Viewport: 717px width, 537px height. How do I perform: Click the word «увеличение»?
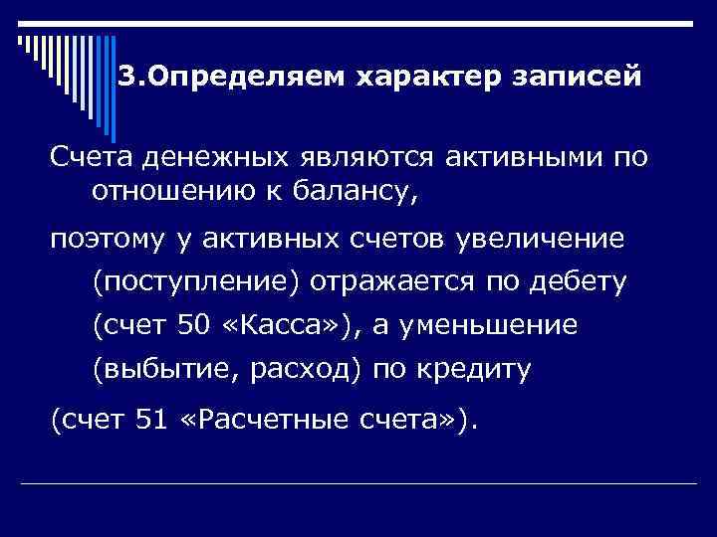pyautogui.click(x=540, y=241)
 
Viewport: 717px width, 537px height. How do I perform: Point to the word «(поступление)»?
pyautogui.click(x=195, y=283)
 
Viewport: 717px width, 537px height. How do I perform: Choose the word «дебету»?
pyautogui.click(x=578, y=283)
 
